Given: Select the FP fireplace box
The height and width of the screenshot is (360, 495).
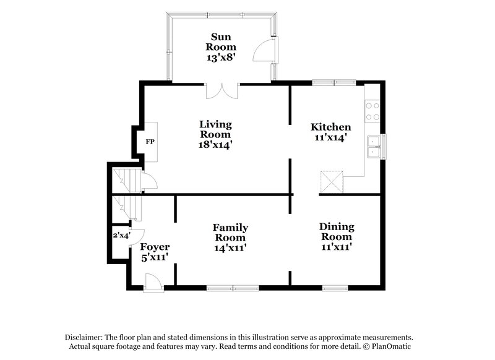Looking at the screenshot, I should (x=150, y=142).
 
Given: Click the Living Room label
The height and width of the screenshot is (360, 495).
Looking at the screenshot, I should (x=215, y=129).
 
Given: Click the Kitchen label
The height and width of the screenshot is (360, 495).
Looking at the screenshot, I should (x=330, y=127).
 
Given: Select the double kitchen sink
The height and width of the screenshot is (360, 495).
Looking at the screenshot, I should (x=373, y=147).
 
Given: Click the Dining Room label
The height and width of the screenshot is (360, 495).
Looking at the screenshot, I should (x=336, y=231).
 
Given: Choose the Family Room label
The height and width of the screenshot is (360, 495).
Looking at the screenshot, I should (x=230, y=231).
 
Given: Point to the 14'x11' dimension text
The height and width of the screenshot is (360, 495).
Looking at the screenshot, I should (x=230, y=247).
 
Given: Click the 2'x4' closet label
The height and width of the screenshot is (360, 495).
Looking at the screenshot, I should (x=121, y=235).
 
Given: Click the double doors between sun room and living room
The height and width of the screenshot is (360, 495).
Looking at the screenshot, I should (x=222, y=90).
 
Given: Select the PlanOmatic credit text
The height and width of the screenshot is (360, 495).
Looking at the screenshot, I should (x=394, y=347).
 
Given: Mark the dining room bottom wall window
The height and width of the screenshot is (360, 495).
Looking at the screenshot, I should (x=334, y=288).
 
